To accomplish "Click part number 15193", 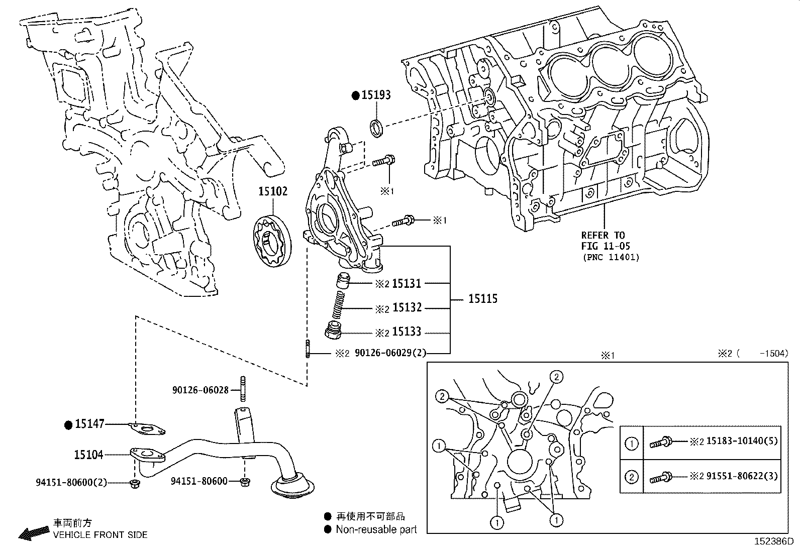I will [375, 95].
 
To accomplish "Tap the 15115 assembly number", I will [482, 299].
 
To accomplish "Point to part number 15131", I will [406, 284].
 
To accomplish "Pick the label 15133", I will [406, 332].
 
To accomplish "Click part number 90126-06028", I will [200, 390].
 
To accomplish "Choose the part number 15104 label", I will [88, 455].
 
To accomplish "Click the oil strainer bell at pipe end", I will [292, 487].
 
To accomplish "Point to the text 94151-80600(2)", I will [71, 482].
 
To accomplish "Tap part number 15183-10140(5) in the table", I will [742, 441].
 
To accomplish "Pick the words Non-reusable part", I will [376, 529].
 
